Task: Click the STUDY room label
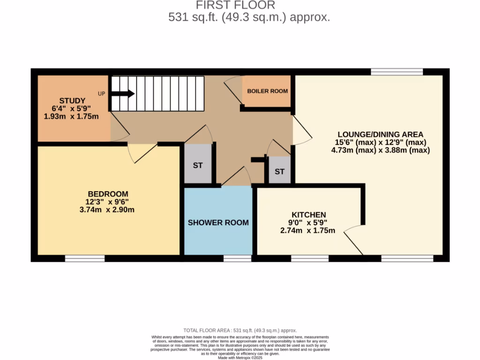72,100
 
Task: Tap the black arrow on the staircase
123,94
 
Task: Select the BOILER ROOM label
268,91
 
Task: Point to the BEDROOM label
108,194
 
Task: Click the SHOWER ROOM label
218,222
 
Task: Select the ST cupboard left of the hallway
198,165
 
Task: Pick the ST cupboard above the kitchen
279,172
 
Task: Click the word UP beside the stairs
101,93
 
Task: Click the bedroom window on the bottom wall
85,258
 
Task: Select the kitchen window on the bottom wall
309,258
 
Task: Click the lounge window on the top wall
397,72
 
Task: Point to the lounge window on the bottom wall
407,258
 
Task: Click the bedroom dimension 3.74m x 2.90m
108,210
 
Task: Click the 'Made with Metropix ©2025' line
240,358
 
